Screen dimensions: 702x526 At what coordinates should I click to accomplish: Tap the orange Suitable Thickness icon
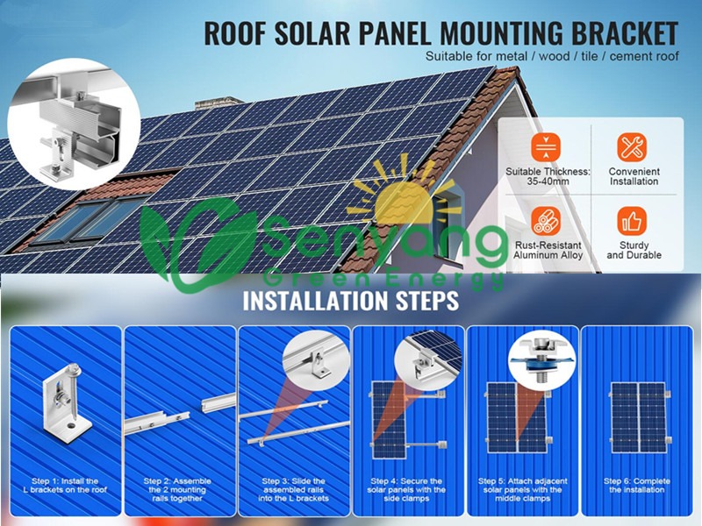tap(546, 147)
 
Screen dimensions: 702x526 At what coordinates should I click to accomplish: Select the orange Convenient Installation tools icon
tap(632, 147)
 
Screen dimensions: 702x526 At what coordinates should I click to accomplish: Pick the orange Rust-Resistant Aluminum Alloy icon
tap(546, 221)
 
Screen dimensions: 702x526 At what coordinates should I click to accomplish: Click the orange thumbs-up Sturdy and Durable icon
tap(632, 221)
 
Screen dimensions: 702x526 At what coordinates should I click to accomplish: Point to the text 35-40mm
tap(548, 181)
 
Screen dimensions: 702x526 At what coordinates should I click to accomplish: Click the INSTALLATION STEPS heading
tap(350, 301)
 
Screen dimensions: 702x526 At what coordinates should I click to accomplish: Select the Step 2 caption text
tap(177, 490)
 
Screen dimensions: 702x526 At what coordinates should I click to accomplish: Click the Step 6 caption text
tap(637, 486)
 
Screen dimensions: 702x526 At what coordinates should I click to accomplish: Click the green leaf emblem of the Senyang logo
tap(198, 245)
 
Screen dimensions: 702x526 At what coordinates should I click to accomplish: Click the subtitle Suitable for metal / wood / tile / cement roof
tap(552, 56)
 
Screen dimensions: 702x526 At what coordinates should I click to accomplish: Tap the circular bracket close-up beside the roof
tap(74, 124)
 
